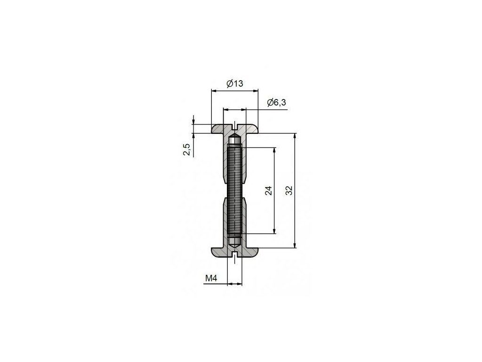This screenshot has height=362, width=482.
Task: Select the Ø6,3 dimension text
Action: tap(276, 102)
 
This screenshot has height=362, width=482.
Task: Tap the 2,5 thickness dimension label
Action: tap(187, 150)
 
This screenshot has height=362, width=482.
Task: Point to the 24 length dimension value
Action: tap(268, 191)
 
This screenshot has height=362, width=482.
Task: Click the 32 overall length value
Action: tap(289, 190)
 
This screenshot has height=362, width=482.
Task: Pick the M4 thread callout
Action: tap(211, 279)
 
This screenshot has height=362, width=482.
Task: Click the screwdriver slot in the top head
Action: tap(234, 126)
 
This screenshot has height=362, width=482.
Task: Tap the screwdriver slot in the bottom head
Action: tap(234, 255)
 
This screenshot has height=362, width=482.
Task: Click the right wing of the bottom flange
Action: tap(250, 253)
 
